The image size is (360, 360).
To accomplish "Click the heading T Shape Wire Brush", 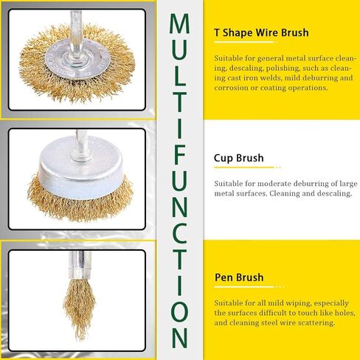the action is [x=261, y=32].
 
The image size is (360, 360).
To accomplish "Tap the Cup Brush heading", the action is [x=238, y=158].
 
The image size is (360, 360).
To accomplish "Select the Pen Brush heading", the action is [x=239, y=277].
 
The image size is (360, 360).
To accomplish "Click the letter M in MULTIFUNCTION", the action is [x=179, y=24].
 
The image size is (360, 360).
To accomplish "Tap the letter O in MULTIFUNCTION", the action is [x=179, y=312].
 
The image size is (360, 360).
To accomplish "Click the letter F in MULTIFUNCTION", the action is [x=179, y=154].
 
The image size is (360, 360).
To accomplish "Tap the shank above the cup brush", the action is [x=80, y=142].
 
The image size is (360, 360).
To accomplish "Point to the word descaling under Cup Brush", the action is [x=334, y=194].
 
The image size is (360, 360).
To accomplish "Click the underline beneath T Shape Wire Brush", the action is [x=245, y=42].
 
